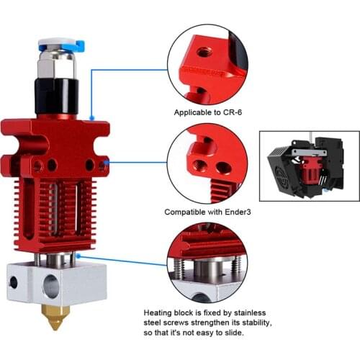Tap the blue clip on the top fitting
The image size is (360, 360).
[78, 46]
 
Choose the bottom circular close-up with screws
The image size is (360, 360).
[208, 262]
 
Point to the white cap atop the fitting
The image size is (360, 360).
[54, 44]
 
